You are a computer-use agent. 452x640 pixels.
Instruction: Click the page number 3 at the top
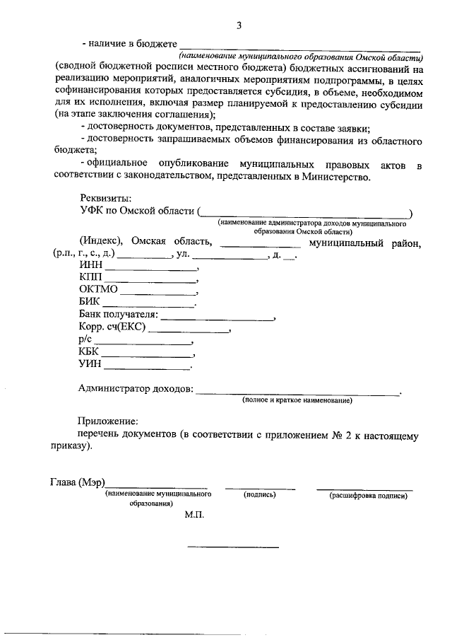(x=239, y=26)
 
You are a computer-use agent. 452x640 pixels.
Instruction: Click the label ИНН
(x=91, y=266)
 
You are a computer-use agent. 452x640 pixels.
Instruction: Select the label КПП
(x=92, y=278)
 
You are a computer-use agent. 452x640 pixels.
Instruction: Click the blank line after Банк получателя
(x=217, y=320)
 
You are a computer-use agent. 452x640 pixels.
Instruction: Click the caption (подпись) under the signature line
(x=259, y=495)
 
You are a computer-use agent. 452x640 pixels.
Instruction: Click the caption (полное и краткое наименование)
(x=297, y=400)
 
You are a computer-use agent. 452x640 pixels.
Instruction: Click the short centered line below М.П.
(x=233, y=547)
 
